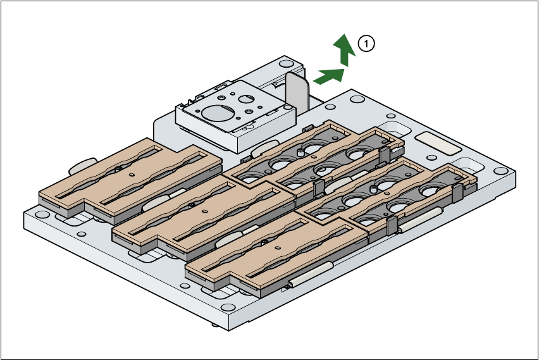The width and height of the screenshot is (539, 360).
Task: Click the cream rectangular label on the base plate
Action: (438, 144)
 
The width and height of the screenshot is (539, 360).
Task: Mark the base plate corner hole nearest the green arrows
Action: (357, 99)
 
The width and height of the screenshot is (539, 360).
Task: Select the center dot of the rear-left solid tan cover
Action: (130, 175)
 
